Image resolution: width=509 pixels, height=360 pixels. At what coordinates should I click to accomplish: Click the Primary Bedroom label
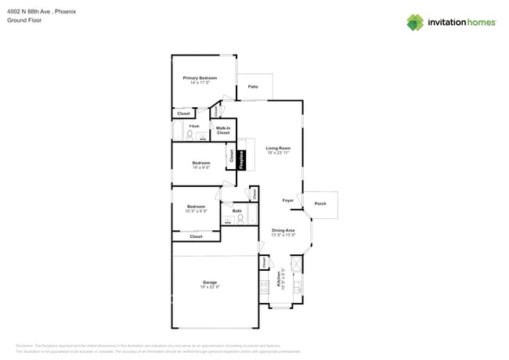pos(200,78)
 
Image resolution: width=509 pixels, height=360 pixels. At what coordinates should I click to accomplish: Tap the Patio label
pos(253,87)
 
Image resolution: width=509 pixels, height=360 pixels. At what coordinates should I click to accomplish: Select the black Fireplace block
pos(242,160)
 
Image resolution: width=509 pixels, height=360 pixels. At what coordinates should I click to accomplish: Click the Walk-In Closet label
pos(223,131)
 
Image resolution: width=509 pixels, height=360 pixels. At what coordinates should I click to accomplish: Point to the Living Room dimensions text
pos(277,153)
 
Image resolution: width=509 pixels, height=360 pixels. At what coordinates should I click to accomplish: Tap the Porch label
pos(319,203)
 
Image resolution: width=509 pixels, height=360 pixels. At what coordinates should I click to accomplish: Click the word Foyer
pos(288,200)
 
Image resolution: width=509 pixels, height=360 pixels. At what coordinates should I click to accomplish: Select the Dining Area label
pos(283,230)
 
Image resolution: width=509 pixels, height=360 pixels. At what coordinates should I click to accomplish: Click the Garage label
pos(209,283)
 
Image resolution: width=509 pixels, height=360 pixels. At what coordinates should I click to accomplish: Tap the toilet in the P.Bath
pos(190,135)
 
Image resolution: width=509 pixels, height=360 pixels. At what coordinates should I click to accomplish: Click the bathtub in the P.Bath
pos(177,130)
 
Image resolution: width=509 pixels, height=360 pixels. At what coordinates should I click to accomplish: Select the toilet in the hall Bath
pos(241,219)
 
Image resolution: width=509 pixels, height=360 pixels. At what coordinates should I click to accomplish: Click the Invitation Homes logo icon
pos(415,22)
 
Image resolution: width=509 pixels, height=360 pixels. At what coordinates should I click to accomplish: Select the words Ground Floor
pos(24,20)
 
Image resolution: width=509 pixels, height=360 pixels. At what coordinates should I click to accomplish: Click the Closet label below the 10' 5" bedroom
pos(196,236)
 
